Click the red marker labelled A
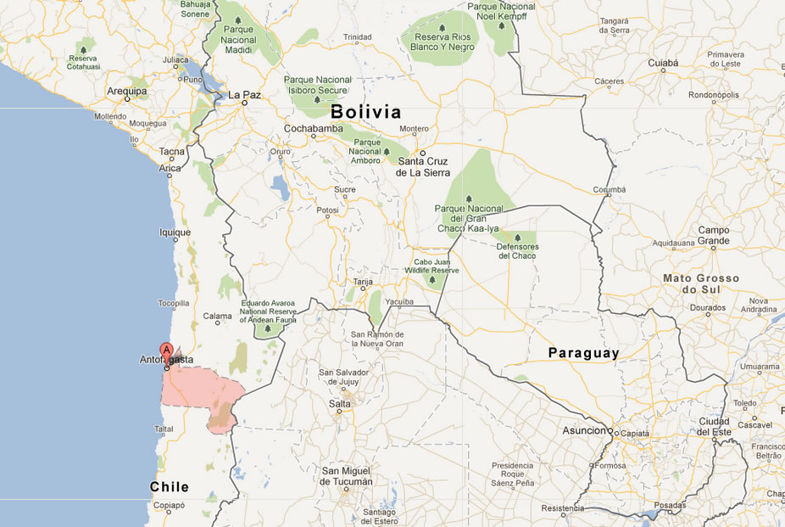[167, 350]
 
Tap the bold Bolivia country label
[365, 111]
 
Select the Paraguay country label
[583, 352]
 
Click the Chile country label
[170, 486]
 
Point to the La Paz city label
[244, 94]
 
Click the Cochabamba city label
[314, 128]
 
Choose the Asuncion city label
[585, 431]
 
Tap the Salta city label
[339, 404]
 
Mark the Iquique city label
[175, 232]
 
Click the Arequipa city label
[127, 90]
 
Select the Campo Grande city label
[713, 235]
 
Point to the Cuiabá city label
[663, 63]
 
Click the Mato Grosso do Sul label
[701, 283]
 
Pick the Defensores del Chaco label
[518, 251]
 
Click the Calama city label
[217, 317]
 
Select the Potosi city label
[326, 210]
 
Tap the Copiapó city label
[169, 505]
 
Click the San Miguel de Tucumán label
[347, 475]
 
